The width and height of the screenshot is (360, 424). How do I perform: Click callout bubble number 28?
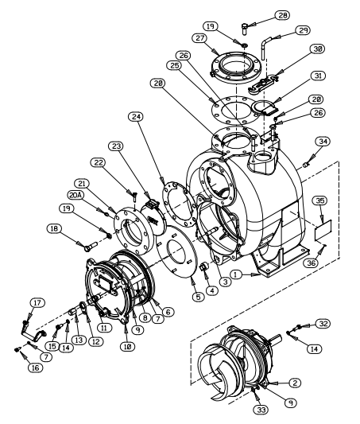pos(282,15)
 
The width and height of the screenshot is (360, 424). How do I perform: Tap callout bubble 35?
pos(320,200)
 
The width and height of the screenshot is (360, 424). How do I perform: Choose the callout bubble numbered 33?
pos(261,410)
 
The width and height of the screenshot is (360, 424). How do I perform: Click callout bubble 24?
pos(136,117)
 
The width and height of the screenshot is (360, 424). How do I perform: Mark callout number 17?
pos(37,303)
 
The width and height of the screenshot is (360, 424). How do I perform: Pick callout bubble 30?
pos(317,49)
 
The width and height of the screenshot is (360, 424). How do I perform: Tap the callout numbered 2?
pos(295,383)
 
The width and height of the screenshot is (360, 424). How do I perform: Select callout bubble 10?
pos(128,346)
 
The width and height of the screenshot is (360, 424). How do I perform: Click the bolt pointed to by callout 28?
pos(245,29)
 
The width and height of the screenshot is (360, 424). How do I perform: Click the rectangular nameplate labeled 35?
pos(323,230)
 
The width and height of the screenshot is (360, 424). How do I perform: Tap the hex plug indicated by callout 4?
pos(203,268)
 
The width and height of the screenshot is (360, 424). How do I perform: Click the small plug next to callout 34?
pos(306,164)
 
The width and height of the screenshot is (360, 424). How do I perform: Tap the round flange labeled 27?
pos(235,67)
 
